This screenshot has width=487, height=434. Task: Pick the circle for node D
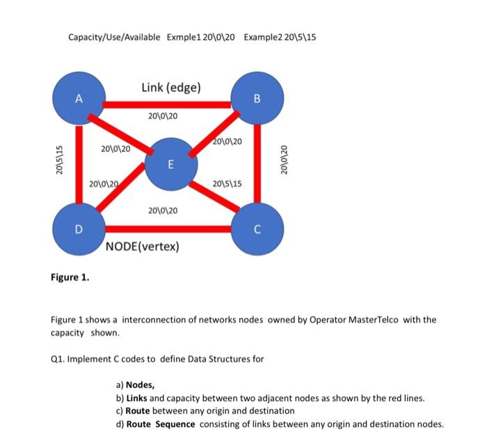click(x=79, y=228)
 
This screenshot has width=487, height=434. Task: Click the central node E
click(x=170, y=164)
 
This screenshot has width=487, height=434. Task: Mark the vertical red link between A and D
click(x=79, y=164)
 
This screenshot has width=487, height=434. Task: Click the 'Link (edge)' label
click(x=171, y=87)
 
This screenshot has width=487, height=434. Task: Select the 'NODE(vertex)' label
click(x=142, y=247)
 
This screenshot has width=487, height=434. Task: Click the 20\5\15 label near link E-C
click(x=227, y=184)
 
